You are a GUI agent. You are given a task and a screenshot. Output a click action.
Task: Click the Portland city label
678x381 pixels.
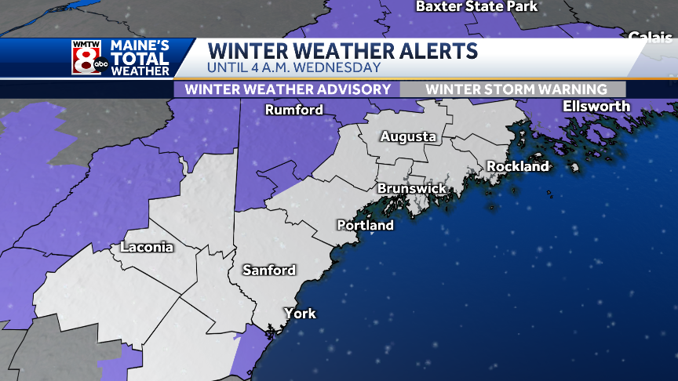tap(365, 225)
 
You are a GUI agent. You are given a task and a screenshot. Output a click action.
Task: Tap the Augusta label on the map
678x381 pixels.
tap(408, 136)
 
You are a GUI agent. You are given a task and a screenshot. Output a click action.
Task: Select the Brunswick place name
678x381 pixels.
tap(411, 189)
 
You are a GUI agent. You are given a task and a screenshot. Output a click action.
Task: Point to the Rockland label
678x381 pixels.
tap(517, 166)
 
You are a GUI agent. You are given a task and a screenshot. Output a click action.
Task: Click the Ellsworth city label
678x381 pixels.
tap(596, 106)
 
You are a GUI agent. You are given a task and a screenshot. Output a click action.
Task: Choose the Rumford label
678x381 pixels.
tap(293, 110)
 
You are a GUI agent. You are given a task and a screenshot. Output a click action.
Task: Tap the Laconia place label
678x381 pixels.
tap(147, 248)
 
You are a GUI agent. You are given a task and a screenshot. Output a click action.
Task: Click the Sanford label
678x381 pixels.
tap(268, 270)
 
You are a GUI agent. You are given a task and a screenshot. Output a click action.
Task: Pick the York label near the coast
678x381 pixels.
tap(300, 314)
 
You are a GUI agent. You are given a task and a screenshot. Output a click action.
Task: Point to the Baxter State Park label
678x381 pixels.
tap(476, 6)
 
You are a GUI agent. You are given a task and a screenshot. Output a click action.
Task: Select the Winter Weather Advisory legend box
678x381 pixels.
tap(287, 89)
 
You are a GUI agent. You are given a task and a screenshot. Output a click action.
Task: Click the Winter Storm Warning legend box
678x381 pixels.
tap(516, 89)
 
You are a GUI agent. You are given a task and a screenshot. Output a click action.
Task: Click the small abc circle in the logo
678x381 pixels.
tap(100, 67)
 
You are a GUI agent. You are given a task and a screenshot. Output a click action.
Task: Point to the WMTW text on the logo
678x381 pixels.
tap(86, 44)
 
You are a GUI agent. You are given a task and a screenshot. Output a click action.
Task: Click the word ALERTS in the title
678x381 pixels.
tap(430, 51)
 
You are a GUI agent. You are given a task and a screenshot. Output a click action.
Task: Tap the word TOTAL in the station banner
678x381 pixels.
tap(140, 59)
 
